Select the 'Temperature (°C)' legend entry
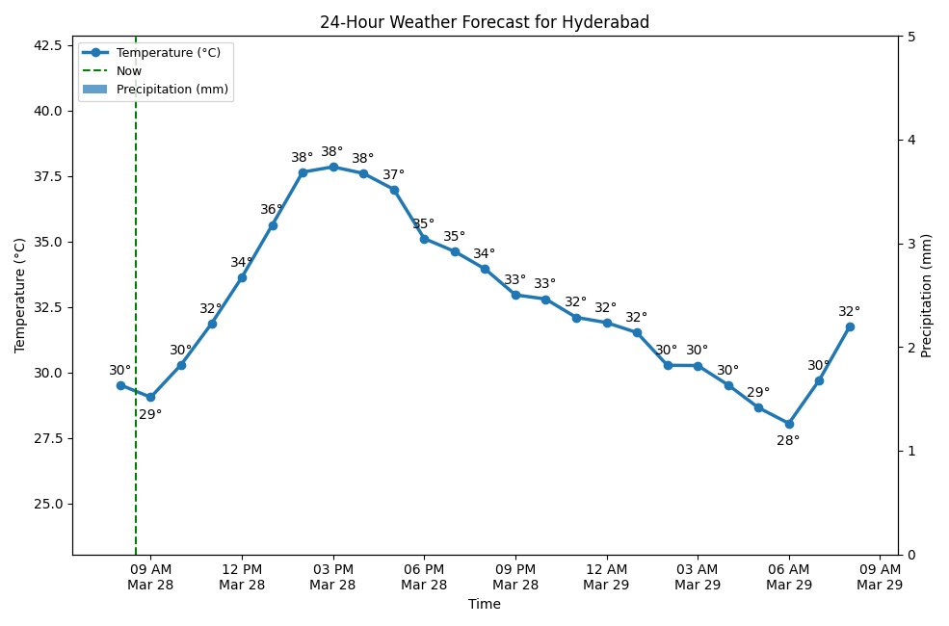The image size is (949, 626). click(x=168, y=53)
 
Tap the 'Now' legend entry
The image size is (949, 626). click(x=128, y=70)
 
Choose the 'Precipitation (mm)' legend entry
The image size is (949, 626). click(x=172, y=90)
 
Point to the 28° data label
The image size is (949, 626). click(x=788, y=441)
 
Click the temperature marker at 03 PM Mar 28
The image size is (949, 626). click(x=333, y=167)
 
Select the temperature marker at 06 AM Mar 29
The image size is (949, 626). click(x=789, y=424)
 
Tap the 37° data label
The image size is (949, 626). click(x=393, y=175)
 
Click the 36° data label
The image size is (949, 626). click(x=272, y=210)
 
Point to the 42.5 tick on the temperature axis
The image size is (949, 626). click(x=48, y=45)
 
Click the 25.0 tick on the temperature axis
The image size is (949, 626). click(x=48, y=504)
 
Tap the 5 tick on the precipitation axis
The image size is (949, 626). click(x=910, y=37)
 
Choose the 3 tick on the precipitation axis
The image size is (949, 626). click(x=910, y=244)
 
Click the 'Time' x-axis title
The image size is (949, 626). click(x=484, y=605)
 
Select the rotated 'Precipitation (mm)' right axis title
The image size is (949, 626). click(x=927, y=296)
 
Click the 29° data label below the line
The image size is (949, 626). click(x=150, y=415)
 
